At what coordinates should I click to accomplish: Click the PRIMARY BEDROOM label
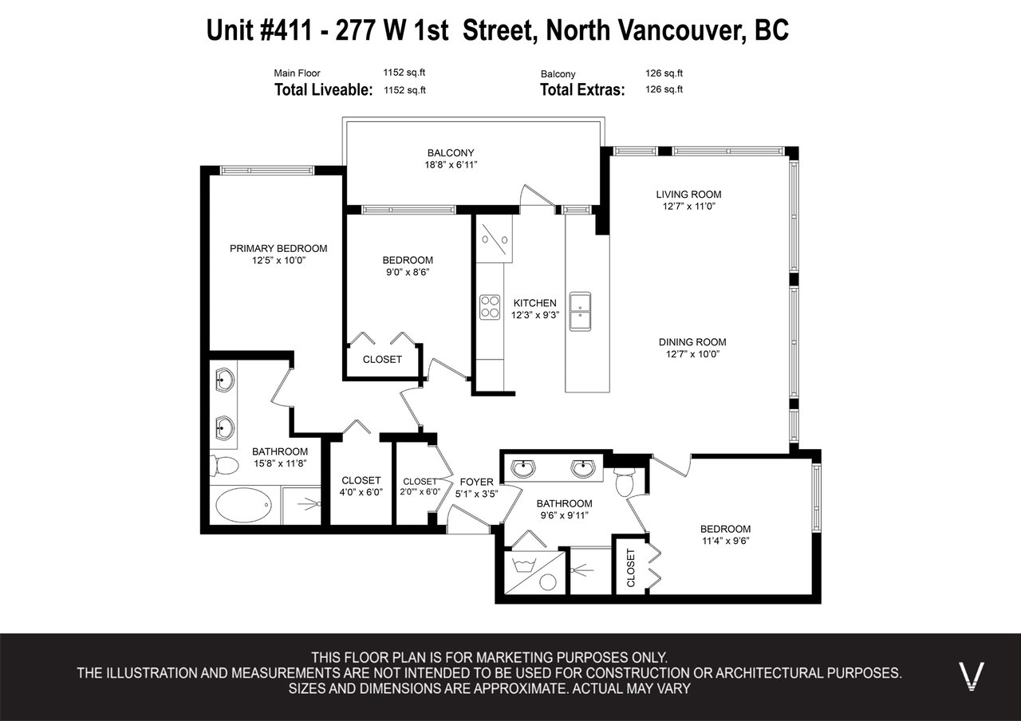pyautogui.click(x=278, y=248)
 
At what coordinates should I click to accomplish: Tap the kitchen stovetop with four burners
pyautogui.click(x=490, y=307)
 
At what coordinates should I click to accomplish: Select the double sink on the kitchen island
pyautogui.click(x=580, y=311)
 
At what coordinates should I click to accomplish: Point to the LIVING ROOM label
pyautogui.click(x=688, y=194)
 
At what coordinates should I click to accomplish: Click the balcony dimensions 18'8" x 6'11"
pyautogui.click(x=451, y=165)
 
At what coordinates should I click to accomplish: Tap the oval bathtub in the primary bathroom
pyautogui.click(x=243, y=505)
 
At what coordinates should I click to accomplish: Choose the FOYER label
pyautogui.click(x=476, y=482)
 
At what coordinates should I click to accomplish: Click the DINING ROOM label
pyautogui.click(x=692, y=342)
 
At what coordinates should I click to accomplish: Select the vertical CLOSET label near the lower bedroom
pyautogui.click(x=631, y=568)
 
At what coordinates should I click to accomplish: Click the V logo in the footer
pyautogui.click(x=972, y=676)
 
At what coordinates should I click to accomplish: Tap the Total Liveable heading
pyautogui.click(x=323, y=90)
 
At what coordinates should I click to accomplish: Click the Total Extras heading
pyautogui.click(x=582, y=90)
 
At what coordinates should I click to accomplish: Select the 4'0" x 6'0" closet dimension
pyautogui.click(x=361, y=492)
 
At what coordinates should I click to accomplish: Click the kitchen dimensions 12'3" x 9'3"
pyautogui.click(x=534, y=315)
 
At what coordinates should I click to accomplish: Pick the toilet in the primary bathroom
pyautogui.click(x=224, y=466)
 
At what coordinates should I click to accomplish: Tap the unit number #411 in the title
pyautogui.click(x=286, y=30)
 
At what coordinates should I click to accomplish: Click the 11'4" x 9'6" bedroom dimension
pyautogui.click(x=726, y=541)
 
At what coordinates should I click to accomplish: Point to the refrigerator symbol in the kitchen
pyautogui.click(x=494, y=238)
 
